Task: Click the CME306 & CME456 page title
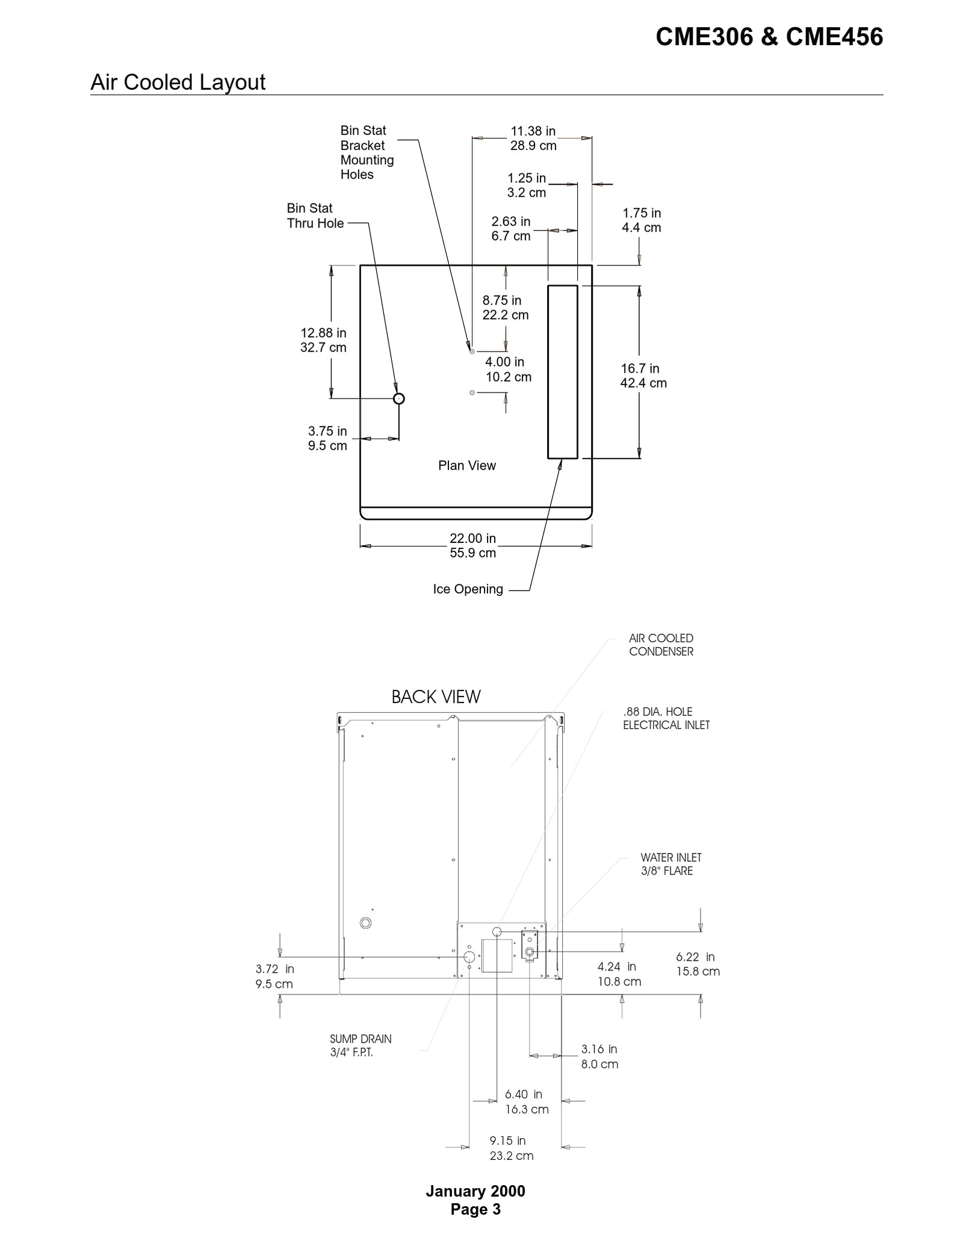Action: pos(769,37)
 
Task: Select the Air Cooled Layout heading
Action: pos(178,82)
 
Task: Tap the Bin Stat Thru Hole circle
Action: pos(398,398)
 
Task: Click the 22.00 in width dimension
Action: pos(473,545)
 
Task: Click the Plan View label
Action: pos(466,465)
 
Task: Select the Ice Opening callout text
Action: pos(468,589)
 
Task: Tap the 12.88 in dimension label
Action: pos(323,340)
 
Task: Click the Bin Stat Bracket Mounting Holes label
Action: pos(367,152)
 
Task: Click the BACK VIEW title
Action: pos(436,697)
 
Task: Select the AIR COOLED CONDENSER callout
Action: pos(661,645)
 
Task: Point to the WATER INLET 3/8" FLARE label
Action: pos(670,864)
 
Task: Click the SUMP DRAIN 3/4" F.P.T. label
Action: pos(360,1046)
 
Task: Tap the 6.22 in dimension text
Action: pos(697,964)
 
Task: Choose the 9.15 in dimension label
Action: pos(511,1148)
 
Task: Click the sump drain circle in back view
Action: pos(469,957)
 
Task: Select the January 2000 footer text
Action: pos(475,1191)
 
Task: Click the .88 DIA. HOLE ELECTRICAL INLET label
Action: pos(666,718)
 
